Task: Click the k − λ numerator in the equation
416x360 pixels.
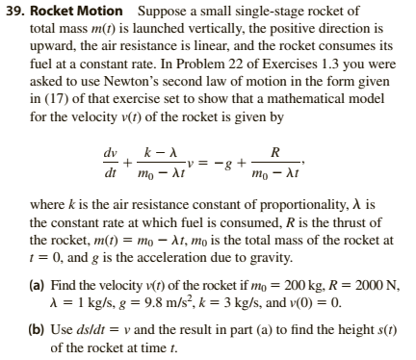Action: coord(155,150)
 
